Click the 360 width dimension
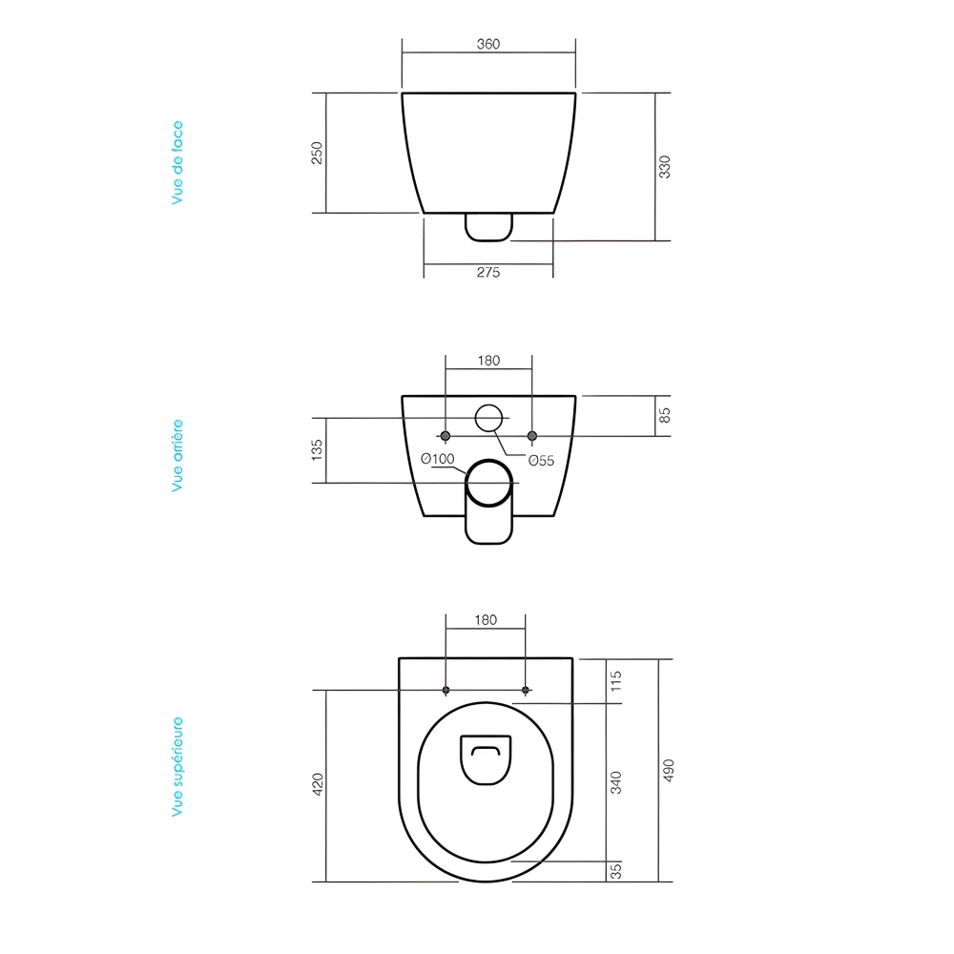488,44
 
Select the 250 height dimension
318,153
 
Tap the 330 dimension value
666,166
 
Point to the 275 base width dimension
487,272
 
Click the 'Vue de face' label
177,162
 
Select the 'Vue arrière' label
177,455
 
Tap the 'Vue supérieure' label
177,767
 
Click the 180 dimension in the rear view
487,361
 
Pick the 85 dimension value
666,415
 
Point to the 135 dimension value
318,449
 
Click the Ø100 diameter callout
437,459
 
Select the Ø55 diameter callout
542,460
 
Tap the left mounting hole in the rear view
446,436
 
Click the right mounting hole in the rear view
532,436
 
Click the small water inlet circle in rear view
488,418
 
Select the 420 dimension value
318,784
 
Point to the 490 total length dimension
668,770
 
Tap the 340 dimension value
616,782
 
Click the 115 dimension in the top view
616,680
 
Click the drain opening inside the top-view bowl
487,759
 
